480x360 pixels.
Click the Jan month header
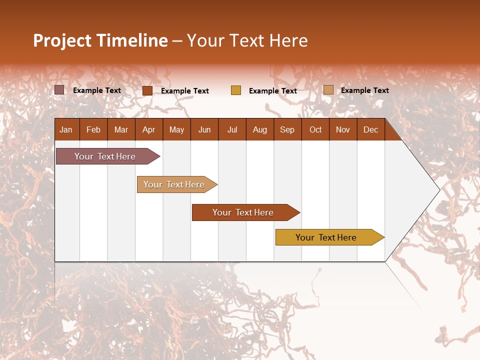66,129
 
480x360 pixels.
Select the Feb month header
93,129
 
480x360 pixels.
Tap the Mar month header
121,129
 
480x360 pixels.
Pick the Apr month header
148,129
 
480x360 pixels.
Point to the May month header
176,129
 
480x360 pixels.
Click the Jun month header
204,129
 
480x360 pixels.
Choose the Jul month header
232,129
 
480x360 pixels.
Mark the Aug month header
259,129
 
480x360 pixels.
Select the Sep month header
287,129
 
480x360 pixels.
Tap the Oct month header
315,129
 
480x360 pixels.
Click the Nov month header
343,129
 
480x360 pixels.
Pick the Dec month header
370,129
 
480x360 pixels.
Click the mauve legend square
59,90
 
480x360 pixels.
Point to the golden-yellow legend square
236,90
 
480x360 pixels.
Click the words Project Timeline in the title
100,40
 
